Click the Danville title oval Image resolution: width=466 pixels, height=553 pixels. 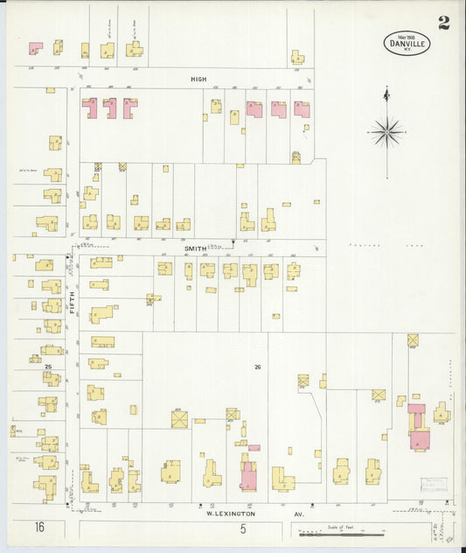[407, 42]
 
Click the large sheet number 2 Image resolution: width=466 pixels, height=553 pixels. [444, 23]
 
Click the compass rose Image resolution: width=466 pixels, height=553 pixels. [386, 133]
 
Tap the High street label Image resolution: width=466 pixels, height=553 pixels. [198, 79]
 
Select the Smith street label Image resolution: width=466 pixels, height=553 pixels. [194, 248]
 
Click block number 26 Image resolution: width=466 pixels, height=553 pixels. [257, 366]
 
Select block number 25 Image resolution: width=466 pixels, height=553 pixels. [49, 366]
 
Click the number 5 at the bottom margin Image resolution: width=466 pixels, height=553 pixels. [243, 528]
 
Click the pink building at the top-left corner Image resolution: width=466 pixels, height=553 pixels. [36, 48]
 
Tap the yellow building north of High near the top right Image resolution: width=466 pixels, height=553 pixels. [298, 57]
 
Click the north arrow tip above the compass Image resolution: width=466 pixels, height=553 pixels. [386, 89]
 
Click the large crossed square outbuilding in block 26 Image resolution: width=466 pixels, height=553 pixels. [179, 419]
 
